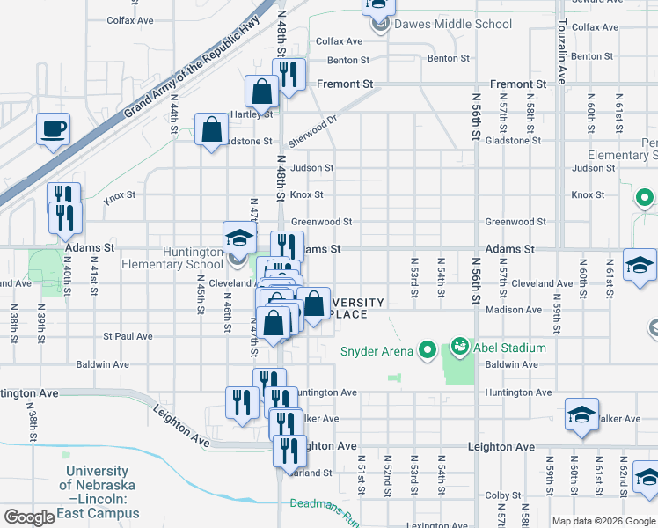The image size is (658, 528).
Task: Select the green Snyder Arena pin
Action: tap(428, 351)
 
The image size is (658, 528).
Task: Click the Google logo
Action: tap(29, 517)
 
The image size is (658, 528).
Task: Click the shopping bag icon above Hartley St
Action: tap(262, 90)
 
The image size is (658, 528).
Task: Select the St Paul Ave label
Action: tap(128, 336)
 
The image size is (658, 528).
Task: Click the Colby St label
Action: tap(503, 495)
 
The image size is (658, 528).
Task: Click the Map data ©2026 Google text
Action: tap(603, 520)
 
